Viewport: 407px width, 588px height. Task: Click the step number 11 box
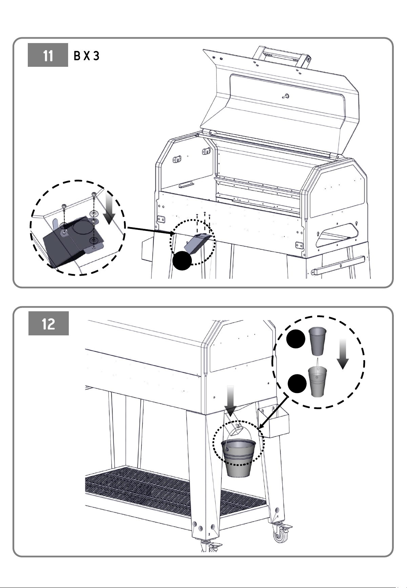tap(48, 55)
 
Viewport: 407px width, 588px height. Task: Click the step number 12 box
tap(48, 324)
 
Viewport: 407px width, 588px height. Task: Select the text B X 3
tap(87, 56)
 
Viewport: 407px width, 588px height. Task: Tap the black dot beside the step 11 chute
tap(183, 261)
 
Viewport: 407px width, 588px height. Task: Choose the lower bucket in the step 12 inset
tap(317, 381)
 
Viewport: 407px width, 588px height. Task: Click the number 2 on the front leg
tap(210, 534)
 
